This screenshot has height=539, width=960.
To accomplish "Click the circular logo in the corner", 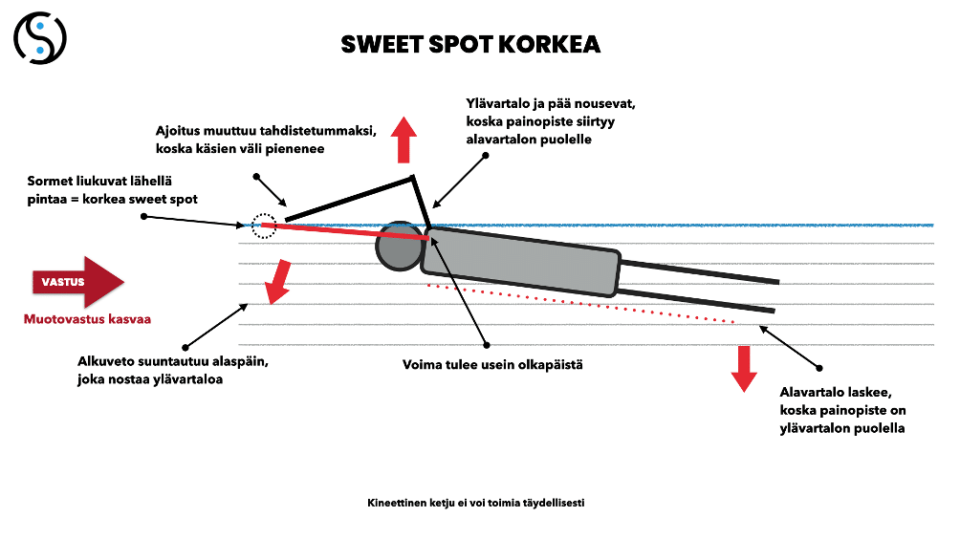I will click(x=40, y=38).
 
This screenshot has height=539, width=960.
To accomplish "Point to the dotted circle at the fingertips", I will click(x=263, y=226).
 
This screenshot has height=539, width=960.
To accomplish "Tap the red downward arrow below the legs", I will click(x=744, y=368).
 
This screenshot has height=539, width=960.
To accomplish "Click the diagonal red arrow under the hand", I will click(x=278, y=281).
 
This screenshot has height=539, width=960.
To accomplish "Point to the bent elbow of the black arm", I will click(x=412, y=177).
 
